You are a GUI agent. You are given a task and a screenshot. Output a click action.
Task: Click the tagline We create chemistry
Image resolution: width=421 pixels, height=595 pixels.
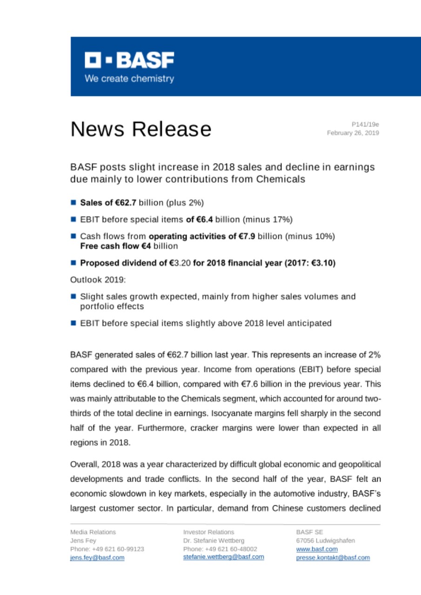coord(129,79)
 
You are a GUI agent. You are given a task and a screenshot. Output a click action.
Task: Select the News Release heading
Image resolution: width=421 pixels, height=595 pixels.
coord(140,129)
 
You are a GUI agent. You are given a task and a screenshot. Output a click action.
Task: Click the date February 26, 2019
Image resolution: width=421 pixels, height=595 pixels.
coord(353,133)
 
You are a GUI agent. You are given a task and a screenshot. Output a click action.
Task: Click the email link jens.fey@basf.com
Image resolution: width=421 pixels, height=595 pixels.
coord(97,558)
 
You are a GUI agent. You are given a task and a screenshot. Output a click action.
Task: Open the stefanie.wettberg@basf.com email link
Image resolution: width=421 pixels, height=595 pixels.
coord(223,557)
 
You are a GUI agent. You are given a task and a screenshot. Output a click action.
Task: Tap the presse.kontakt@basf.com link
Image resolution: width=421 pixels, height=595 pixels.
coord(333,557)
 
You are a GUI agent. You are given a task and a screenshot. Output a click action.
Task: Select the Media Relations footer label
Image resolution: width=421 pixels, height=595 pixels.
coord(93,532)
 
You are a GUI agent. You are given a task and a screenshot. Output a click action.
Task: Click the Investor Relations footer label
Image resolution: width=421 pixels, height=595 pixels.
coord(208,532)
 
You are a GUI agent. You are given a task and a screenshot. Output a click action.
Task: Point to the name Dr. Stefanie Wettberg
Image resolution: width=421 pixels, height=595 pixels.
coord(214,540)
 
